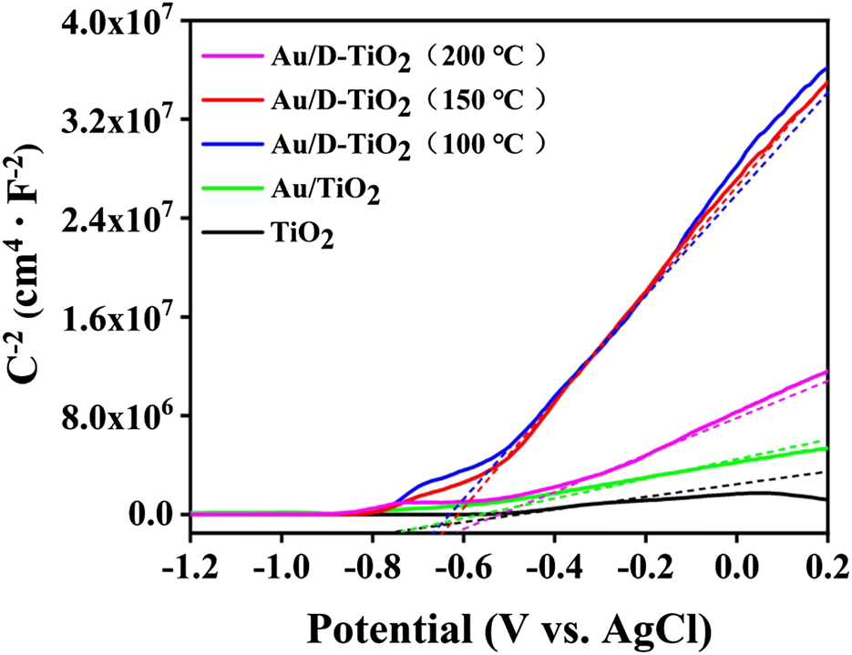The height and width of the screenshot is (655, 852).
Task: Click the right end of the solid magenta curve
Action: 826,372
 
